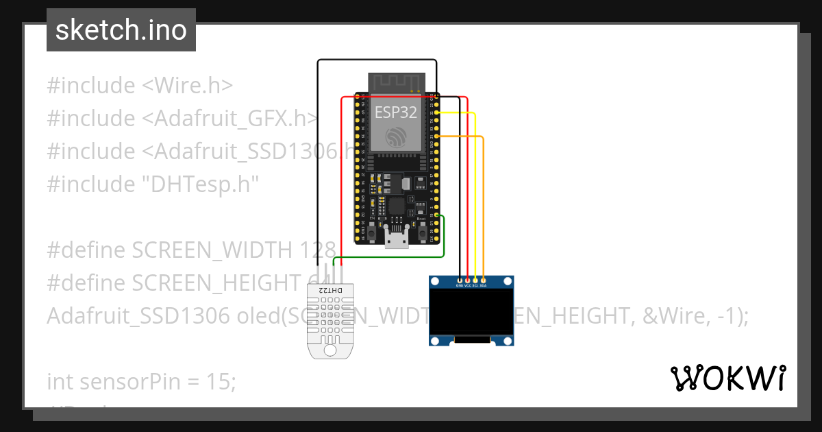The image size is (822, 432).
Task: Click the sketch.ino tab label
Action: (x=121, y=30)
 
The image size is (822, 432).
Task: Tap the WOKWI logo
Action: (x=727, y=379)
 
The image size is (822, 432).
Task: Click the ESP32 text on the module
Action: (x=395, y=112)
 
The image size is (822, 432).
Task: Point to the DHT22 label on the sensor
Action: (x=330, y=291)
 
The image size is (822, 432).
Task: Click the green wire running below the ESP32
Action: (x=390, y=256)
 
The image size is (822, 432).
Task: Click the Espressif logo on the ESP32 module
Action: (x=395, y=136)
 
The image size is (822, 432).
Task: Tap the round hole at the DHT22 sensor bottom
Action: (x=330, y=350)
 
